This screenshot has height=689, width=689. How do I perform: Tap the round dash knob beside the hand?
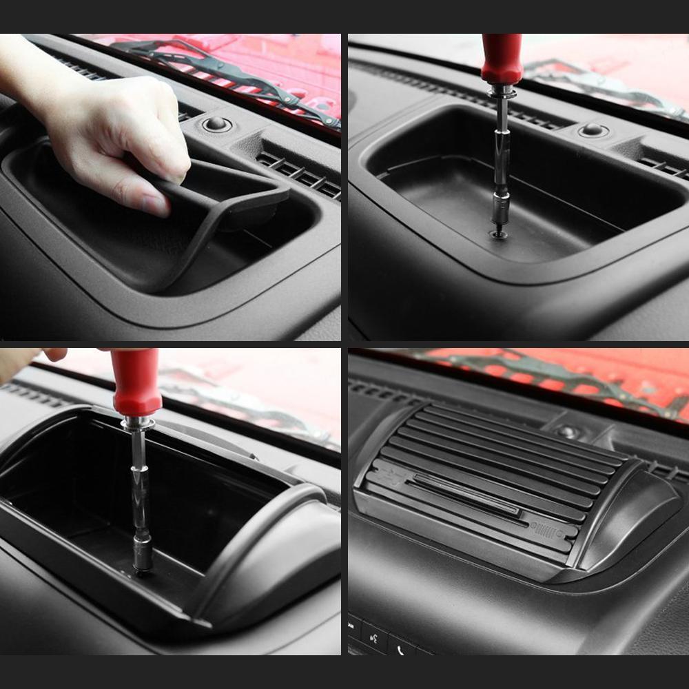(x=217, y=124)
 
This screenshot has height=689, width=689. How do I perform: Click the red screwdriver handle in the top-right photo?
(x=502, y=59)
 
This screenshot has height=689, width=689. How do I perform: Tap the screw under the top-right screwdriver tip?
(x=499, y=235)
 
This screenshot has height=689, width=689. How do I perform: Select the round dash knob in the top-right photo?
(x=593, y=130)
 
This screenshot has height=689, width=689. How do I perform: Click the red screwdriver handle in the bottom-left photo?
(x=136, y=382)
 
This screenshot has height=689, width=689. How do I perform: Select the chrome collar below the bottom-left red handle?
(x=136, y=422)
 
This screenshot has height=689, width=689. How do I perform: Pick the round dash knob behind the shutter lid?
(x=568, y=431)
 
